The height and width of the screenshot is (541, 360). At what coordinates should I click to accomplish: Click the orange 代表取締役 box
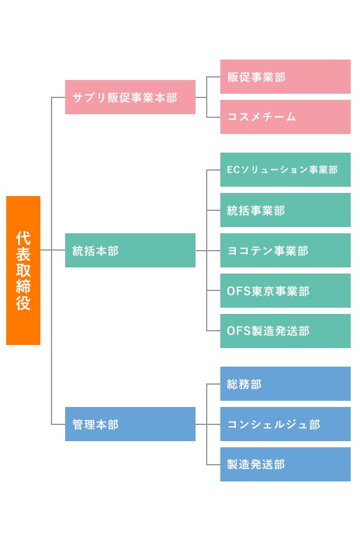[x=23, y=270]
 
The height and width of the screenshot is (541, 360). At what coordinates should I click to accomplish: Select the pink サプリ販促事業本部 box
[x=130, y=97]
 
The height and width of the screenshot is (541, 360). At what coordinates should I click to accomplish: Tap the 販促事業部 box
[x=286, y=76]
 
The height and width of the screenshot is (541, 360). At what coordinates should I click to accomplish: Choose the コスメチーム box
[x=286, y=117]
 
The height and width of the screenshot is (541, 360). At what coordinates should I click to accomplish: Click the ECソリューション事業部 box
[x=286, y=169]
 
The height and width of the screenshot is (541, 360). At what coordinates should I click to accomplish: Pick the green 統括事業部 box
[x=286, y=210]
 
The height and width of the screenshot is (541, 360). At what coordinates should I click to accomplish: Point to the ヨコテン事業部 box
[x=286, y=250]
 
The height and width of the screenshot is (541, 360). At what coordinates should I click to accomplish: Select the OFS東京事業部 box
[x=286, y=290]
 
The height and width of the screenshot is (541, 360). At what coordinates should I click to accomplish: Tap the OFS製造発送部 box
[x=286, y=331]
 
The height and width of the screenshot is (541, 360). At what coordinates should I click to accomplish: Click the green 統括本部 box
[x=130, y=250]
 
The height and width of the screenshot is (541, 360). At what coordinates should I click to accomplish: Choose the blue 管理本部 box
[x=130, y=424]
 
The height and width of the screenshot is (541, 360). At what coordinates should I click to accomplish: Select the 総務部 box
[x=286, y=383]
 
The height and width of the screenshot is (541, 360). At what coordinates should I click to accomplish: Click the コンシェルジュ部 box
[x=286, y=424]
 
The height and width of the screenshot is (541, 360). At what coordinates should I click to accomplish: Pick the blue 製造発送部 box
[x=286, y=465]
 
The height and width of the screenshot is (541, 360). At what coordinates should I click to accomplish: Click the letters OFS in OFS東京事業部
[x=238, y=291]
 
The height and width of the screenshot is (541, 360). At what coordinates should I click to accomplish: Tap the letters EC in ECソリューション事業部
[x=233, y=170]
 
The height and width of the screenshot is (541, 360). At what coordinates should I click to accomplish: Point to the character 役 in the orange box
[x=23, y=303]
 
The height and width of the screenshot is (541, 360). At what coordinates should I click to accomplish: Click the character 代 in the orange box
[x=23, y=238]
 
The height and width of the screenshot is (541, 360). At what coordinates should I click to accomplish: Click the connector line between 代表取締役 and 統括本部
[x=53, y=250]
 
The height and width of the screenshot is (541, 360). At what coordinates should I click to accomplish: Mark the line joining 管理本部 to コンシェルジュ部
[x=208, y=424]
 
